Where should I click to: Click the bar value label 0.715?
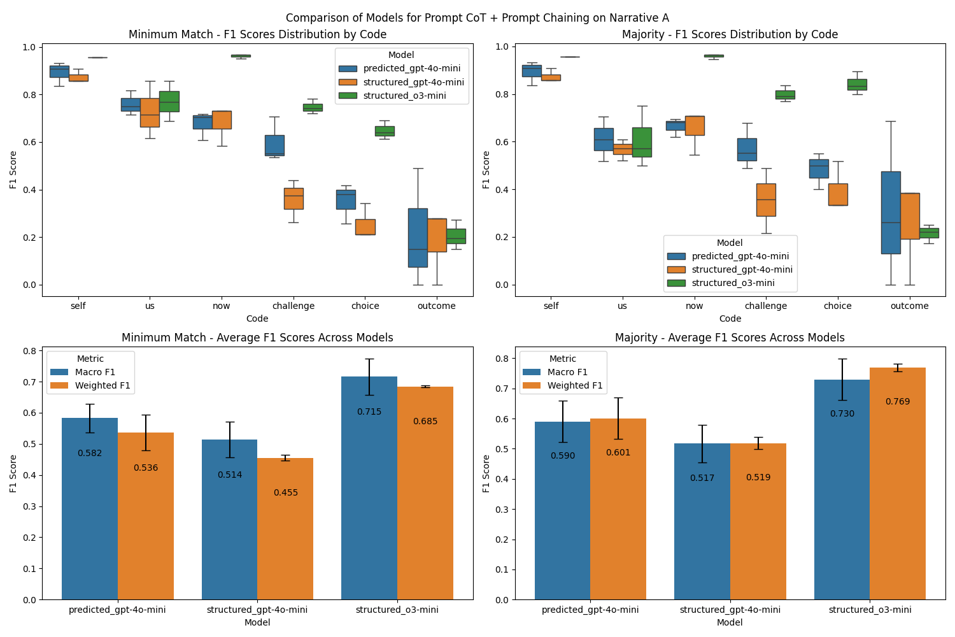pos(369,412)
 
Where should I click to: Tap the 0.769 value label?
pos(897,402)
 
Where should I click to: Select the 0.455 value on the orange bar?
pos(285,492)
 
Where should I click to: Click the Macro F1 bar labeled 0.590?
pos(562,510)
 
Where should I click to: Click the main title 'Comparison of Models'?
pos(477,18)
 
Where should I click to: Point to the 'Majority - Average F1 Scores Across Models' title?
pos(730,338)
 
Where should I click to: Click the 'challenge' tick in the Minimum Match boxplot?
pos(294,306)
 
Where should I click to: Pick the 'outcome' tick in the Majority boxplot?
pos(909,306)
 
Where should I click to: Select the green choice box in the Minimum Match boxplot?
pos(385,131)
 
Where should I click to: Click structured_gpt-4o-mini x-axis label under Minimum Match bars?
pos(257,610)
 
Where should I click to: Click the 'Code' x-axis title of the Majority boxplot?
pos(730,318)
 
